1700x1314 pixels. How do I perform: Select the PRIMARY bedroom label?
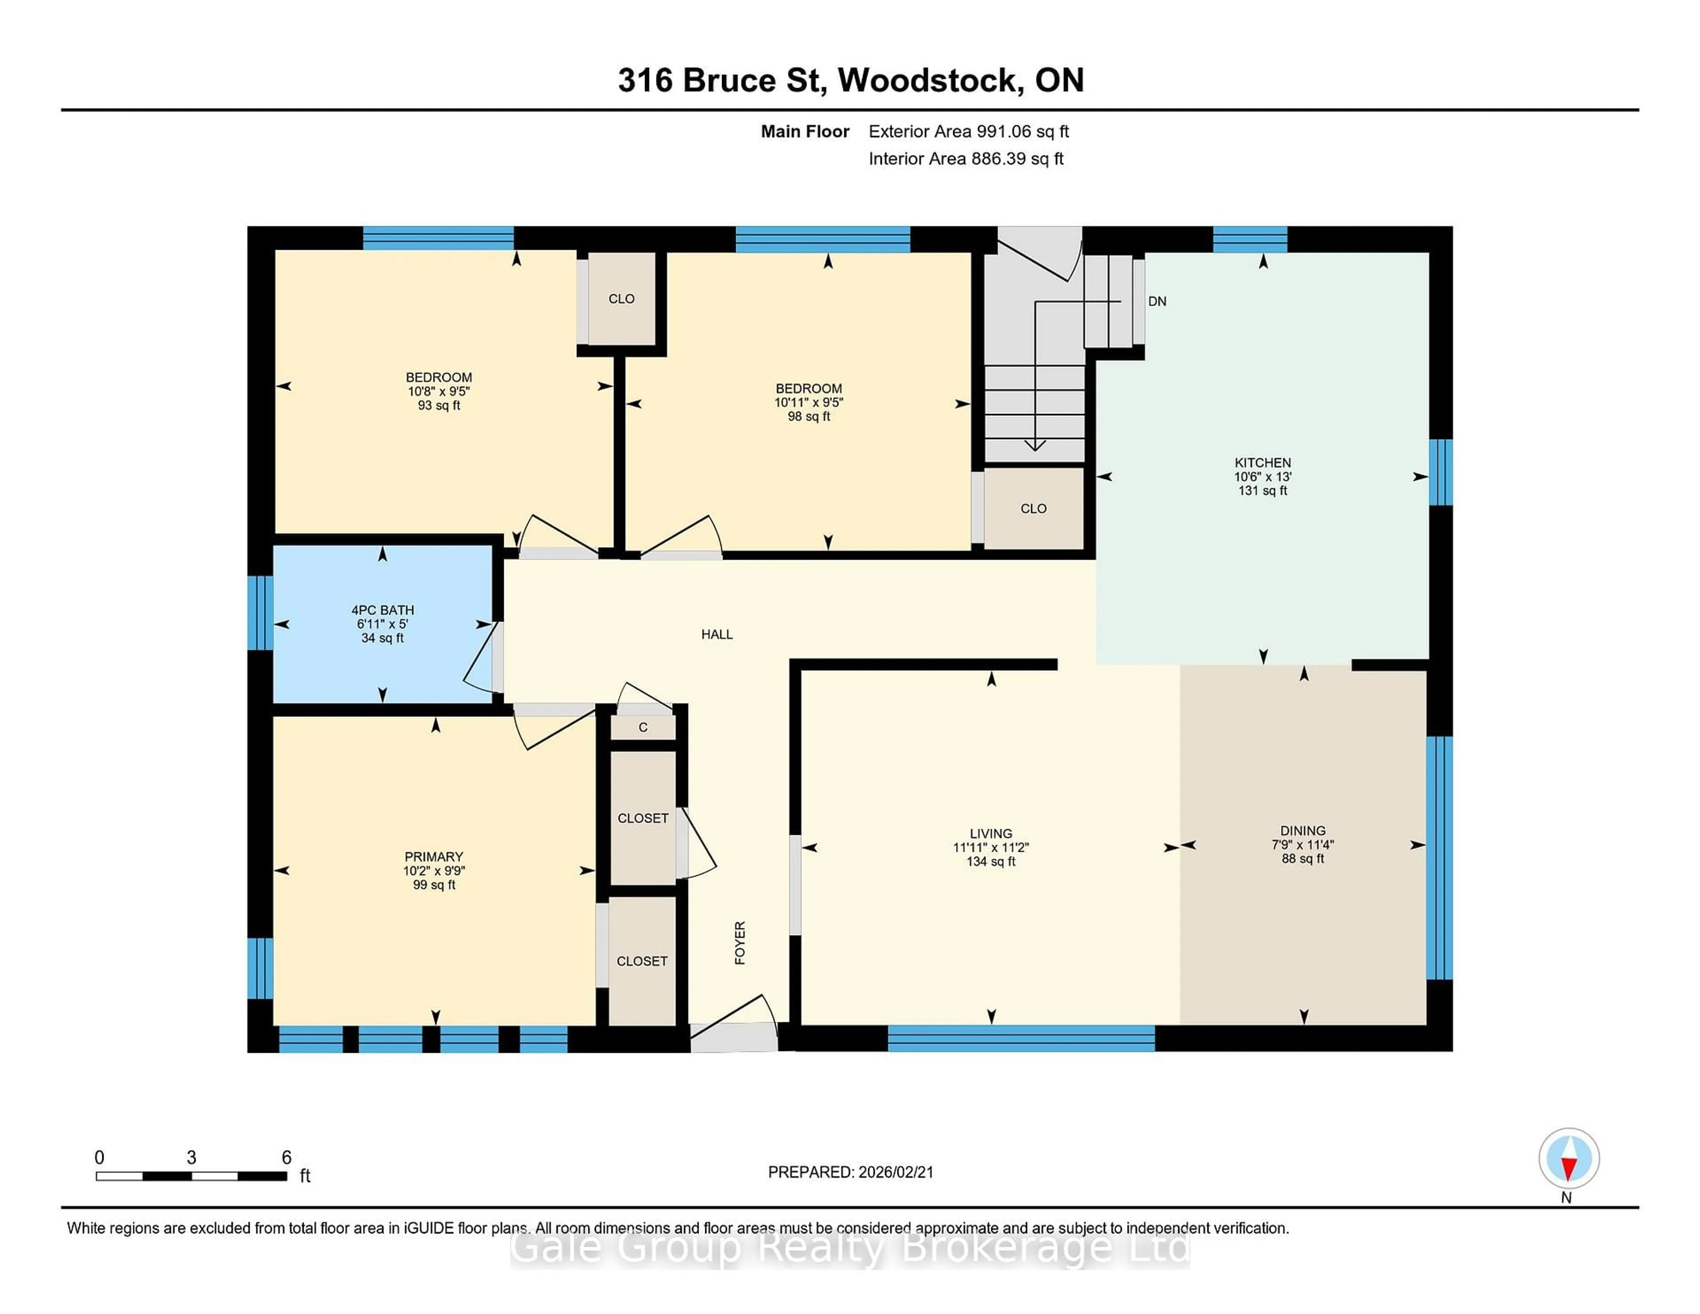(433, 856)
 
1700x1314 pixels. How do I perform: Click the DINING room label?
(1302, 831)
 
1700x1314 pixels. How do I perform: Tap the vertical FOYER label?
(739, 943)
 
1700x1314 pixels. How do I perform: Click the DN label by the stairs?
(1157, 301)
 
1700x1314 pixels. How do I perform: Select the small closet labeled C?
(643, 727)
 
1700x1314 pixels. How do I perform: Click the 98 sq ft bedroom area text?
(809, 417)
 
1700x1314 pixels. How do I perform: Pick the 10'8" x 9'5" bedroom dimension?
(438, 391)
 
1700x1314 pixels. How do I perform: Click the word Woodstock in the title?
(930, 80)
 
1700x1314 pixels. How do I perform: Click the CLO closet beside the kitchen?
(1033, 508)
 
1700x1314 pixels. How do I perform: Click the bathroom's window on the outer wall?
(260, 613)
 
